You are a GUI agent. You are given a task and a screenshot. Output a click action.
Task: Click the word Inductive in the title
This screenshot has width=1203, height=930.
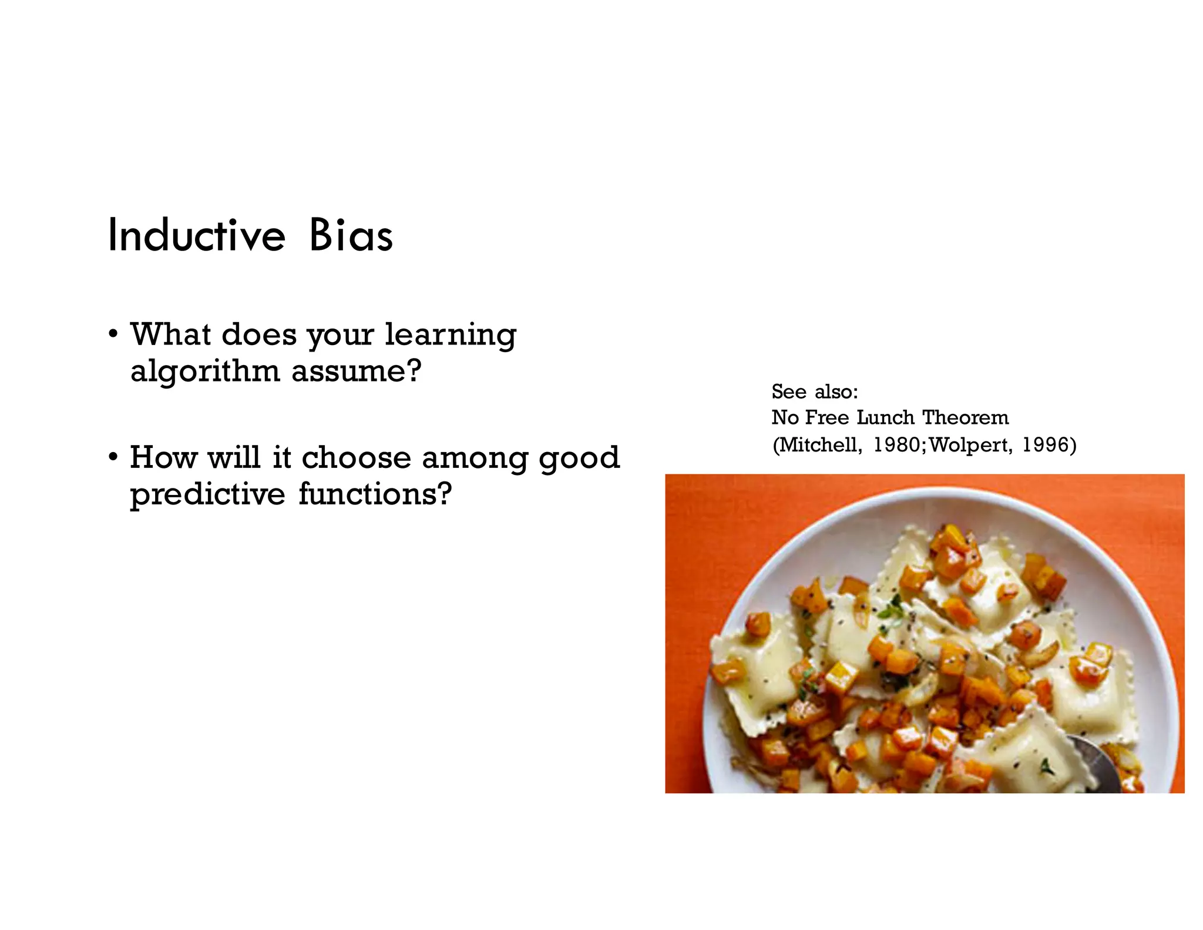(196, 236)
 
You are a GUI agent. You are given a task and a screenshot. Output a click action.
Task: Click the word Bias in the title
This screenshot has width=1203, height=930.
(351, 236)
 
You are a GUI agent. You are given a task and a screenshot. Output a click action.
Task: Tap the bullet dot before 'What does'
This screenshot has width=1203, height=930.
(113, 334)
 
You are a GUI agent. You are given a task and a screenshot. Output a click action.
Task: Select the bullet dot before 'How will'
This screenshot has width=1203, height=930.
(113, 457)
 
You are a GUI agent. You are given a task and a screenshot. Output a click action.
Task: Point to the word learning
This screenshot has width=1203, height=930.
(450, 336)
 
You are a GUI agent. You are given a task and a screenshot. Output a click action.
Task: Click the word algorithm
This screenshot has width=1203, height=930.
(204, 372)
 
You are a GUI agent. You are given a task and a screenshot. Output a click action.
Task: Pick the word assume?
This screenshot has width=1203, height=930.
(356, 371)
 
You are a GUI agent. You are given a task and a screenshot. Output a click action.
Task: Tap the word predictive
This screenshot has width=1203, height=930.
(207, 494)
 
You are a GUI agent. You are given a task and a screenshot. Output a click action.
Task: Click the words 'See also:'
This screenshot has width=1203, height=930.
(814, 392)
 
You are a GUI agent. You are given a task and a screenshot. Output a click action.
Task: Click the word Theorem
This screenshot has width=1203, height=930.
(965, 417)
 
